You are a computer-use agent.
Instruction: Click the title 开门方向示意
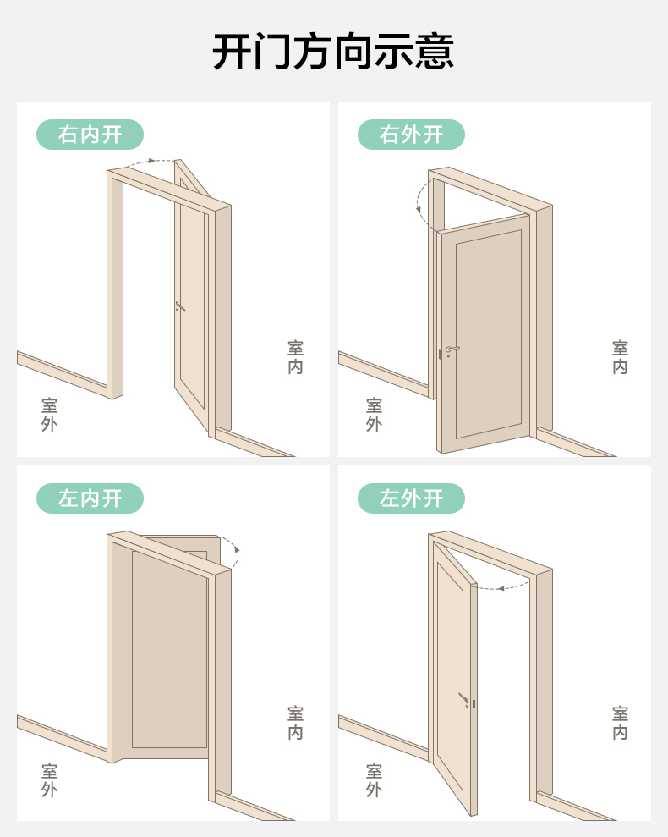click(333, 52)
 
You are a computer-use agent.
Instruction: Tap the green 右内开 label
click(90, 135)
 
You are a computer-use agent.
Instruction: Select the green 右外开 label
click(411, 135)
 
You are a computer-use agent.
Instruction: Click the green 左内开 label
click(90, 498)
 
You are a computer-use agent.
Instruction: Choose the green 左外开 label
click(411, 498)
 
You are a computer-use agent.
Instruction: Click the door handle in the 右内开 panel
click(180, 306)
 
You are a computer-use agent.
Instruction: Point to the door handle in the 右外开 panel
click(452, 349)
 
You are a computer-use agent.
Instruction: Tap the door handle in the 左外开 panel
click(463, 699)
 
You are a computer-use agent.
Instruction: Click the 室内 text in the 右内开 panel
click(295, 357)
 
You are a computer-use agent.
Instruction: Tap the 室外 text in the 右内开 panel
click(49, 415)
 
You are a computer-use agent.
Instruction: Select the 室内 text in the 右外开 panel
click(620, 357)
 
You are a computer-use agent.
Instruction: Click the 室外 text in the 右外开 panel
click(374, 415)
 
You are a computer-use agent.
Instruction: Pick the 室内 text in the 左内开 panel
click(295, 723)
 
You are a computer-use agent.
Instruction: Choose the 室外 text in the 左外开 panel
click(374, 780)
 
